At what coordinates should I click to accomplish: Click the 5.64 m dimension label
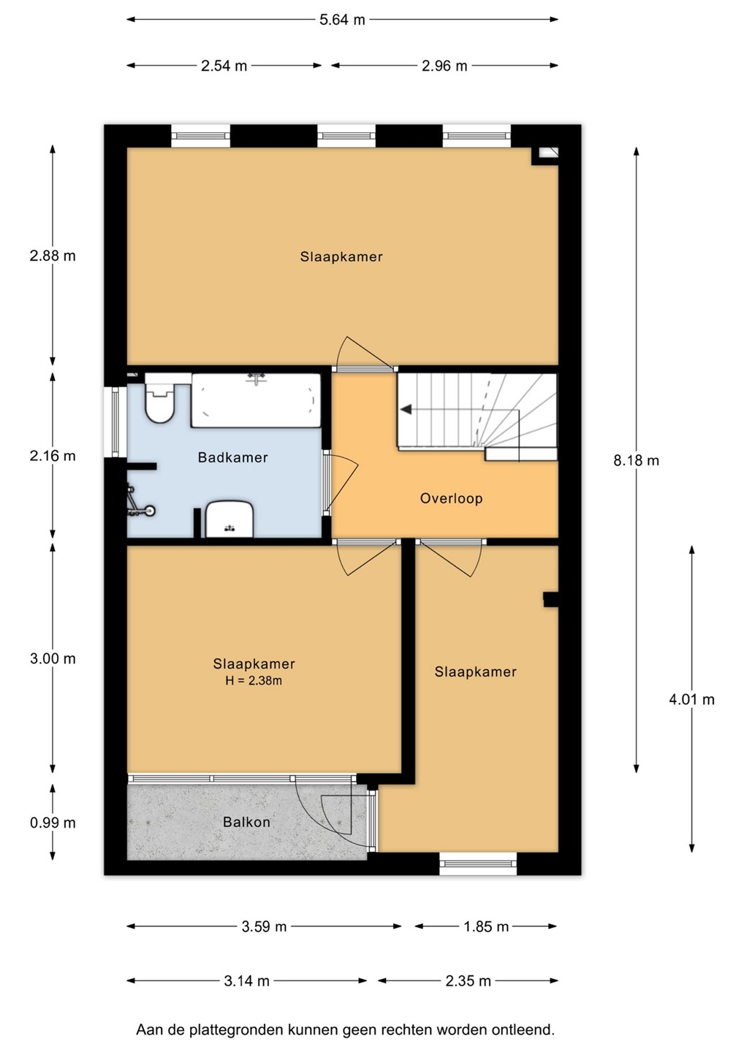coord(342,20)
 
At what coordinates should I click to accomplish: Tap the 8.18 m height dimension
coord(636,460)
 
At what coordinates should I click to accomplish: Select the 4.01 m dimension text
coord(691,699)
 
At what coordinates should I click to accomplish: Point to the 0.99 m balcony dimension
coord(53,823)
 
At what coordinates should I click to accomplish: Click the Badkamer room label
coord(233,457)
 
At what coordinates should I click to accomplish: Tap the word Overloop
coord(451,498)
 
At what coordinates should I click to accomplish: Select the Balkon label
coord(246,822)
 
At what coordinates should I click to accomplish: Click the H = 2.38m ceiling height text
coord(254,681)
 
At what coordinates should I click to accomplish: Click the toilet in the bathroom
coord(160,399)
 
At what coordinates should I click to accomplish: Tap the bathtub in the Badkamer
coord(256,400)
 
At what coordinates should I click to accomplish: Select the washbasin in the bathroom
coord(229,519)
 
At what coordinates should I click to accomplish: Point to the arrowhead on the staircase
coord(406,410)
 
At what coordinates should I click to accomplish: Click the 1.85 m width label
coord(486,926)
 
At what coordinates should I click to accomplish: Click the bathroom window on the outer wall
coord(115,422)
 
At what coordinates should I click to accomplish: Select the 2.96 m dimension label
coord(444,66)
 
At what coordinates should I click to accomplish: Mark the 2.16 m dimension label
coord(53,456)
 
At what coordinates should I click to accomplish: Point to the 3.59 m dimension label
coord(264,926)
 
